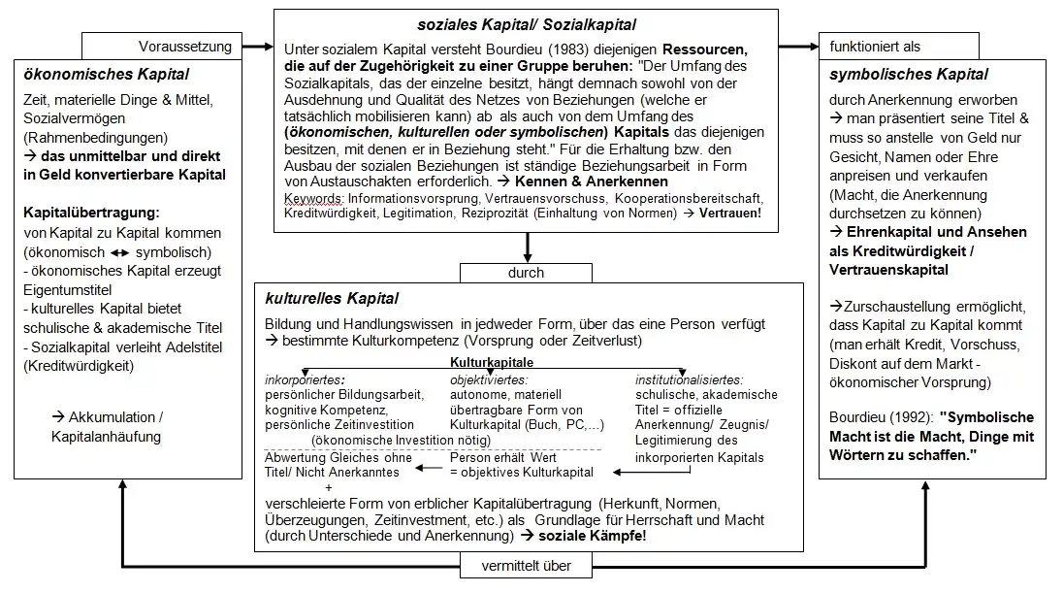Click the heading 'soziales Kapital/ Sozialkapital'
(524, 23)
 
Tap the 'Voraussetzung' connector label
(185, 46)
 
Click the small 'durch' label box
(525, 272)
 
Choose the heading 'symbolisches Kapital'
(908, 74)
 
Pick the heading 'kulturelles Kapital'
(331, 298)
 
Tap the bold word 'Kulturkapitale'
(492, 361)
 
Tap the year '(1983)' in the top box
(540, 48)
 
